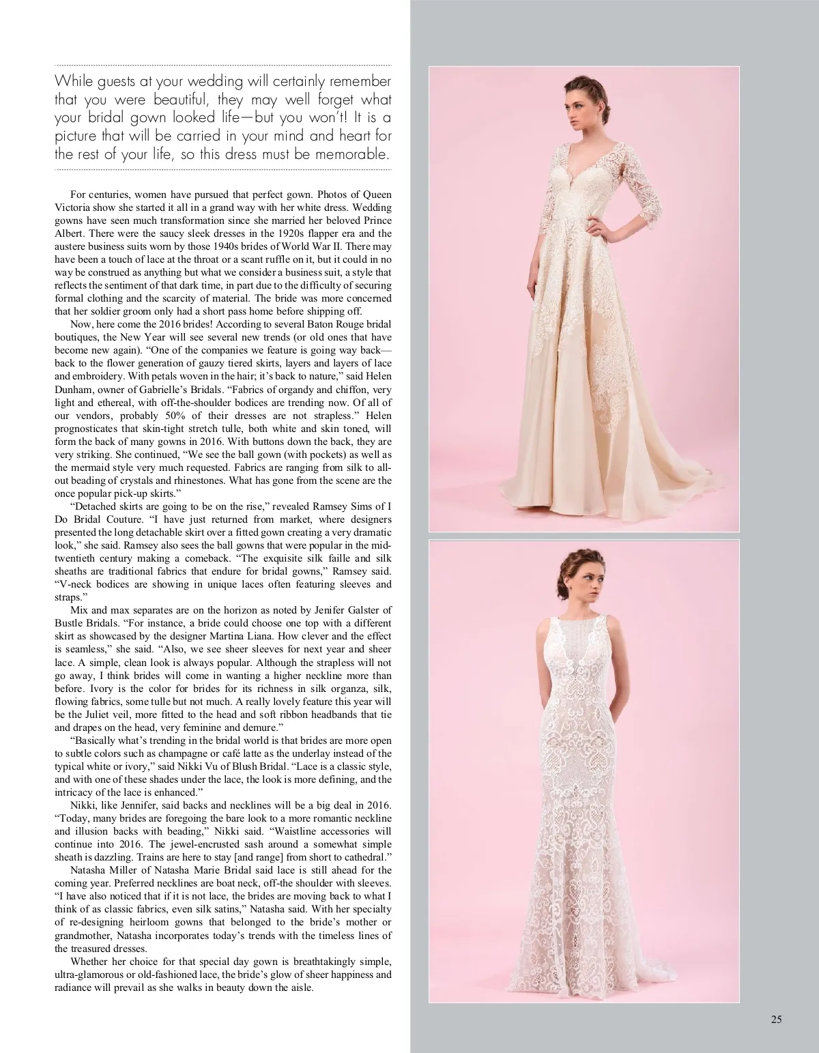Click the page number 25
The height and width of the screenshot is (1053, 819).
[x=776, y=1020]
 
